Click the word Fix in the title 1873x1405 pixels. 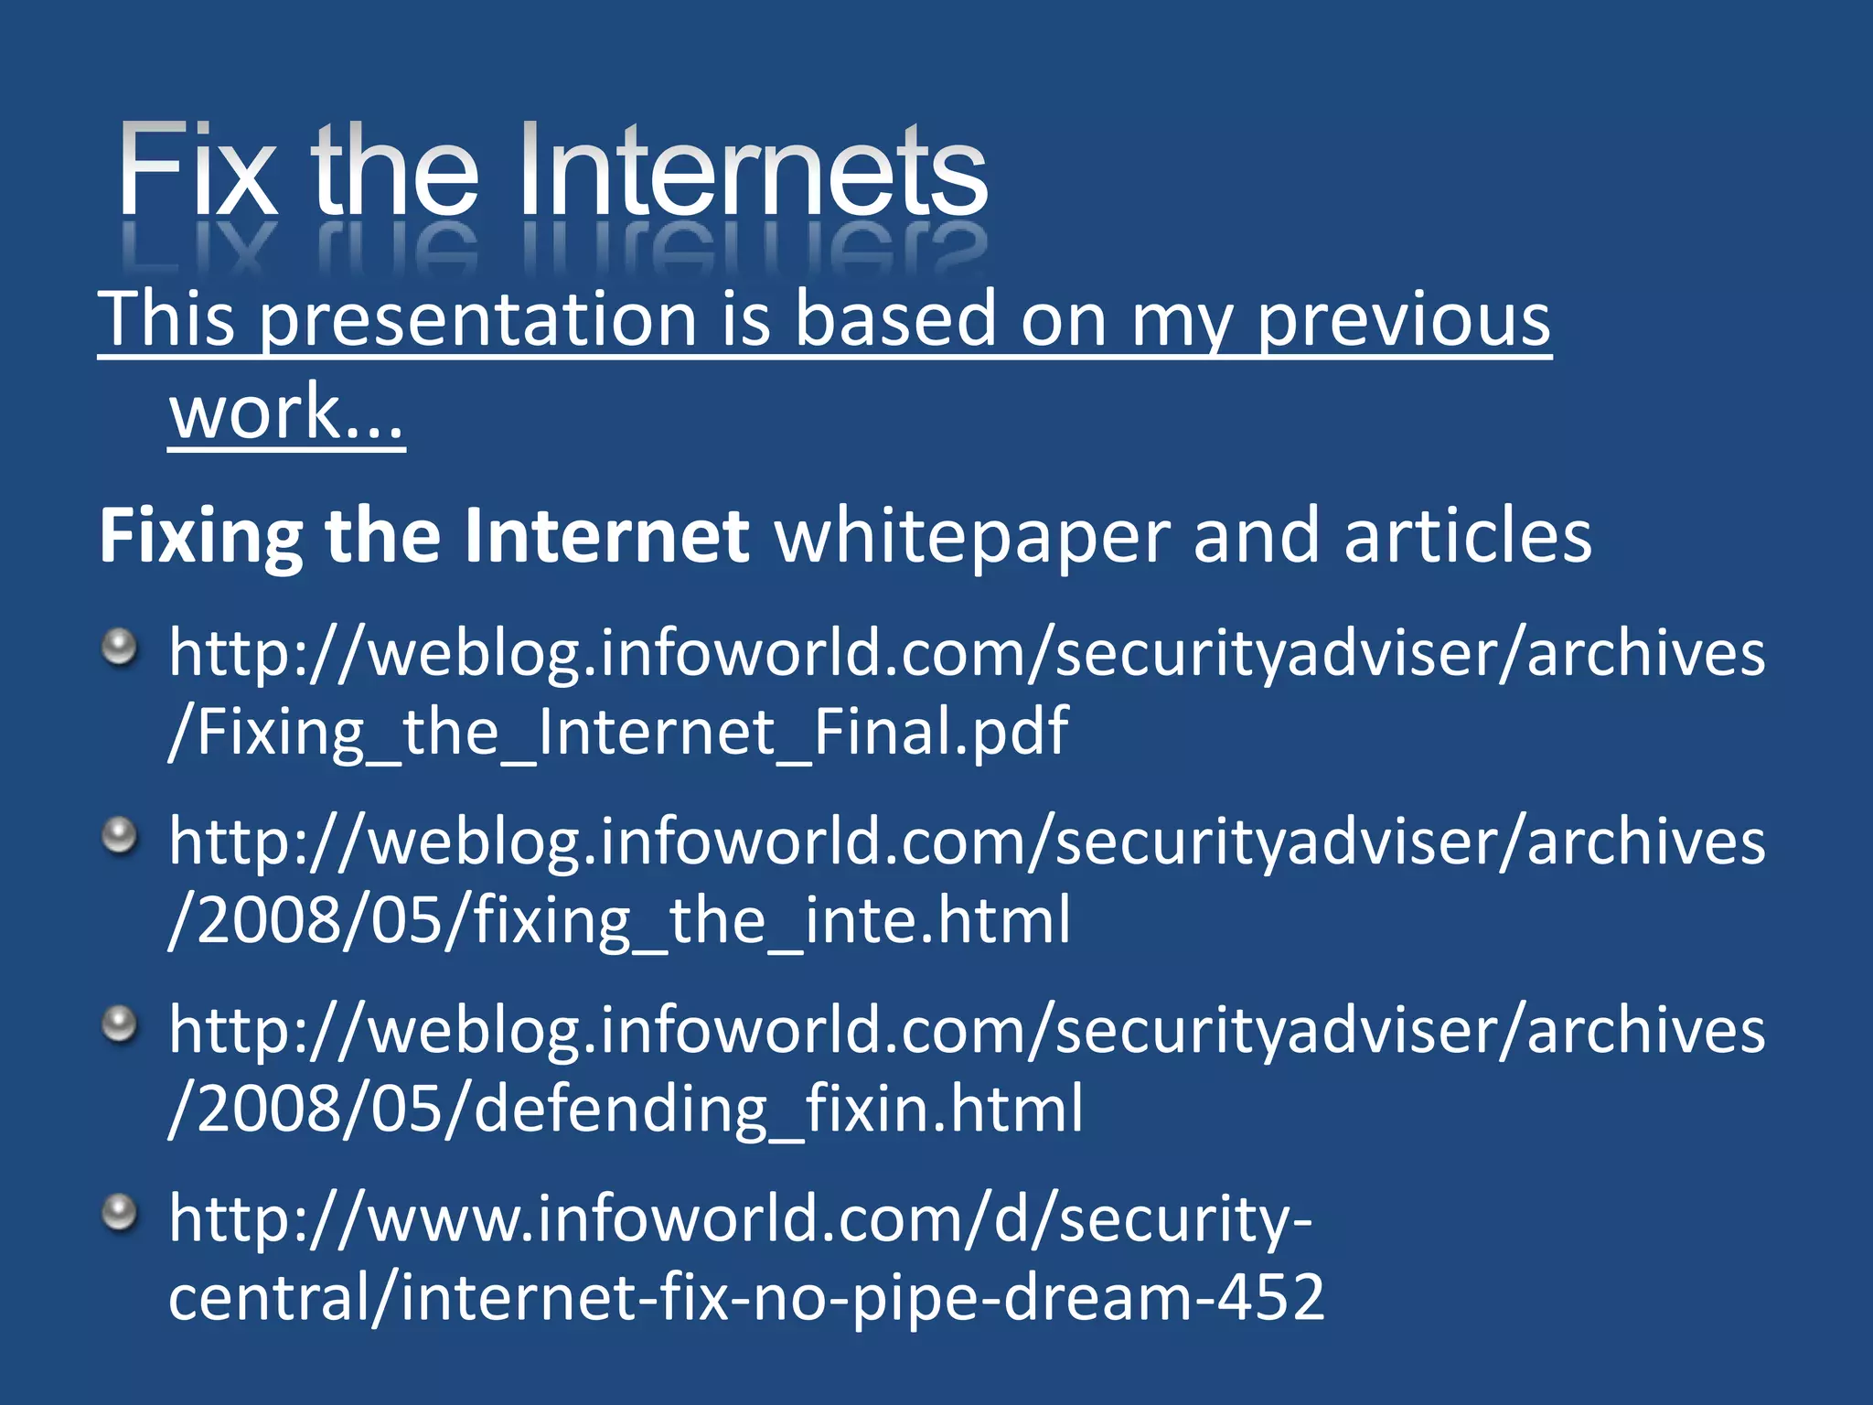[x=197, y=171]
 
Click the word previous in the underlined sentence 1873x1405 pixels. [x=1403, y=319]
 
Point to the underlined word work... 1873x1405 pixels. [x=285, y=413]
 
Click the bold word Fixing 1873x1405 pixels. [x=200, y=536]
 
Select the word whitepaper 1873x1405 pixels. [x=972, y=536]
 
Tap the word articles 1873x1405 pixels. [x=1467, y=536]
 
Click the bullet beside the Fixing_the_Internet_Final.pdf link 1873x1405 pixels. [x=119, y=649]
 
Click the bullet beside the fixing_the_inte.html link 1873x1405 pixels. [x=119, y=837]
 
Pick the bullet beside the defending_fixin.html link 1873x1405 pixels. [x=119, y=1025]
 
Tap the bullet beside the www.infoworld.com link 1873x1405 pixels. [x=119, y=1214]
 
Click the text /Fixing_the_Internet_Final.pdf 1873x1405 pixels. [x=618, y=732]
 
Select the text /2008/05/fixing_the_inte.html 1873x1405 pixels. [x=619, y=920]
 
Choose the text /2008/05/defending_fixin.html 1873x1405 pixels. [x=626, y=1109]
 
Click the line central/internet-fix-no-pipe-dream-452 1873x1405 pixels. [x=745, y=1297]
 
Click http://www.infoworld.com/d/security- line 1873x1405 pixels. [x=740, y=1218]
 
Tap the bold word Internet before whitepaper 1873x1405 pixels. [x=606, y=536]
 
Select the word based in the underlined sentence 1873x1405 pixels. [x=894, y=319]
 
